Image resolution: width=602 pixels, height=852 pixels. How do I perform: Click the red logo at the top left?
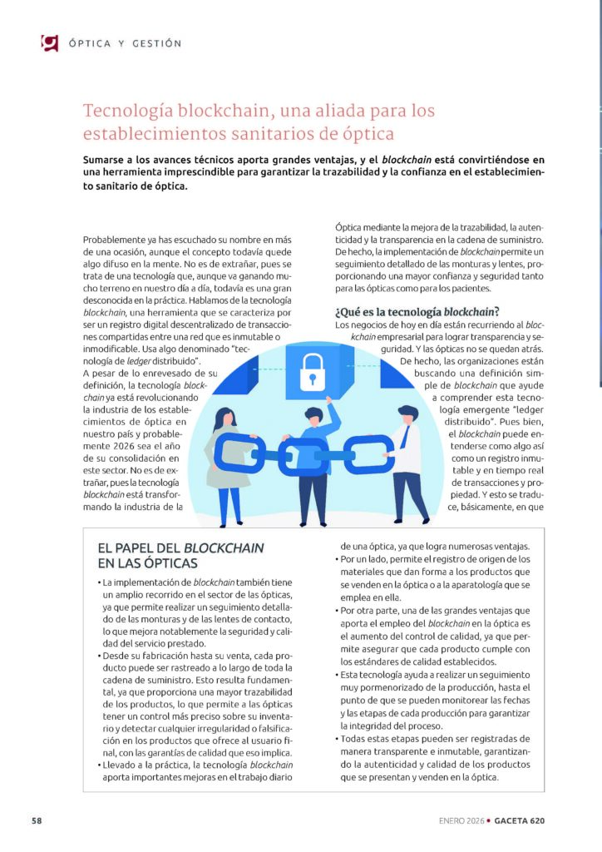point(50,42)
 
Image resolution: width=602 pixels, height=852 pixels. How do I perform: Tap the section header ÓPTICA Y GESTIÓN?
point(125,43)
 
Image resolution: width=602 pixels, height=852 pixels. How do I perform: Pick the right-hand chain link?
point(368,456)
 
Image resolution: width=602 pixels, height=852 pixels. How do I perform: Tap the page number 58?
point(37,820)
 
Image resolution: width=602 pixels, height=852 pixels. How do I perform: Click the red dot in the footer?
point(489,820)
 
